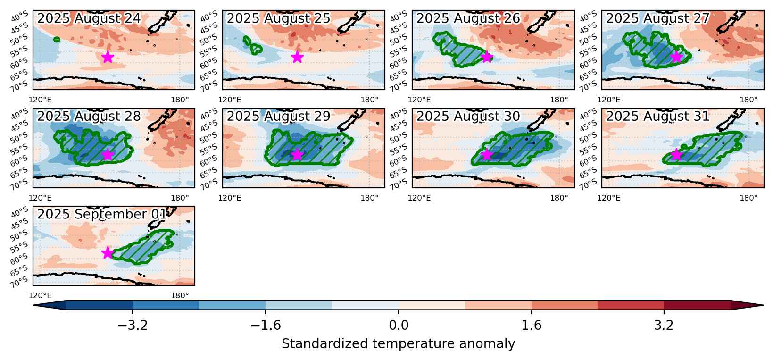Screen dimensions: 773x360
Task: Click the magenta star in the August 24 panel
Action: pos(108,57)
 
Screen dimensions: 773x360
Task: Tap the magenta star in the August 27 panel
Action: pos(676,57)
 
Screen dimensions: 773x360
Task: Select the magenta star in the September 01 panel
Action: pos(108,252)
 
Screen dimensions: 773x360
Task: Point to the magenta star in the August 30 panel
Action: pos(487,155)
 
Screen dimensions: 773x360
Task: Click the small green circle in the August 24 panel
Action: pos(57,39)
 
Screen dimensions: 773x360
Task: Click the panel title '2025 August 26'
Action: pos(468,18)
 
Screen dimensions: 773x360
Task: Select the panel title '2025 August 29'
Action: pos(278,117)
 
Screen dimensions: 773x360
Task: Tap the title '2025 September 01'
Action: pos(101,214)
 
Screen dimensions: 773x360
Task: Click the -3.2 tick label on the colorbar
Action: pos(133,325)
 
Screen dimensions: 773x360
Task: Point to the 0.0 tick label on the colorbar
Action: pos(399,325)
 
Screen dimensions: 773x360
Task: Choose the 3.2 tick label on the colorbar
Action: pos(664,325)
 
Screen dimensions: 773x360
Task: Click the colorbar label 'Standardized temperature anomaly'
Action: pos(398,344)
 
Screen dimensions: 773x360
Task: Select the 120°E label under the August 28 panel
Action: pos(40,198)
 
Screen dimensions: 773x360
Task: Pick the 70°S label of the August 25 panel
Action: pos(209,86)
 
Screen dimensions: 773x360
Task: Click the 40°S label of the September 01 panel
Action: pos(19,212)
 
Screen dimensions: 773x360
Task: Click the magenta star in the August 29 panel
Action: pos(297,155)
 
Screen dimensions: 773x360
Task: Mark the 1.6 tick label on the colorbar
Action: pos(532,325)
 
